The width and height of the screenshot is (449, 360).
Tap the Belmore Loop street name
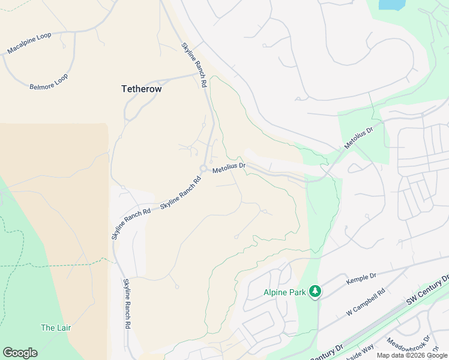point(49,82)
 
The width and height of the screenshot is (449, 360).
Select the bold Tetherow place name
point(141,89)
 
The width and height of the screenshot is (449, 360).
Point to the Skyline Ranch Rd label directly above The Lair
point(127,304)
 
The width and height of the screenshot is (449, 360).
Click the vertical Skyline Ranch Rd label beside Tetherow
point(194,65)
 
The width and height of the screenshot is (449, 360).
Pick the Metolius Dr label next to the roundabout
point(229,168)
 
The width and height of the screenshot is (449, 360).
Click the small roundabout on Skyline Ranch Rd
point(204,168)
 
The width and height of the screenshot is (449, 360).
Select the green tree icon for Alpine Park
point(315,292)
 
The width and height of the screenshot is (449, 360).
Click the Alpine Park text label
point(285,293)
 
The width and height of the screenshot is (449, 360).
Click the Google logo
point(20,353)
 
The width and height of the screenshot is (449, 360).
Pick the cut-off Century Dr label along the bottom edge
point(327,352)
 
